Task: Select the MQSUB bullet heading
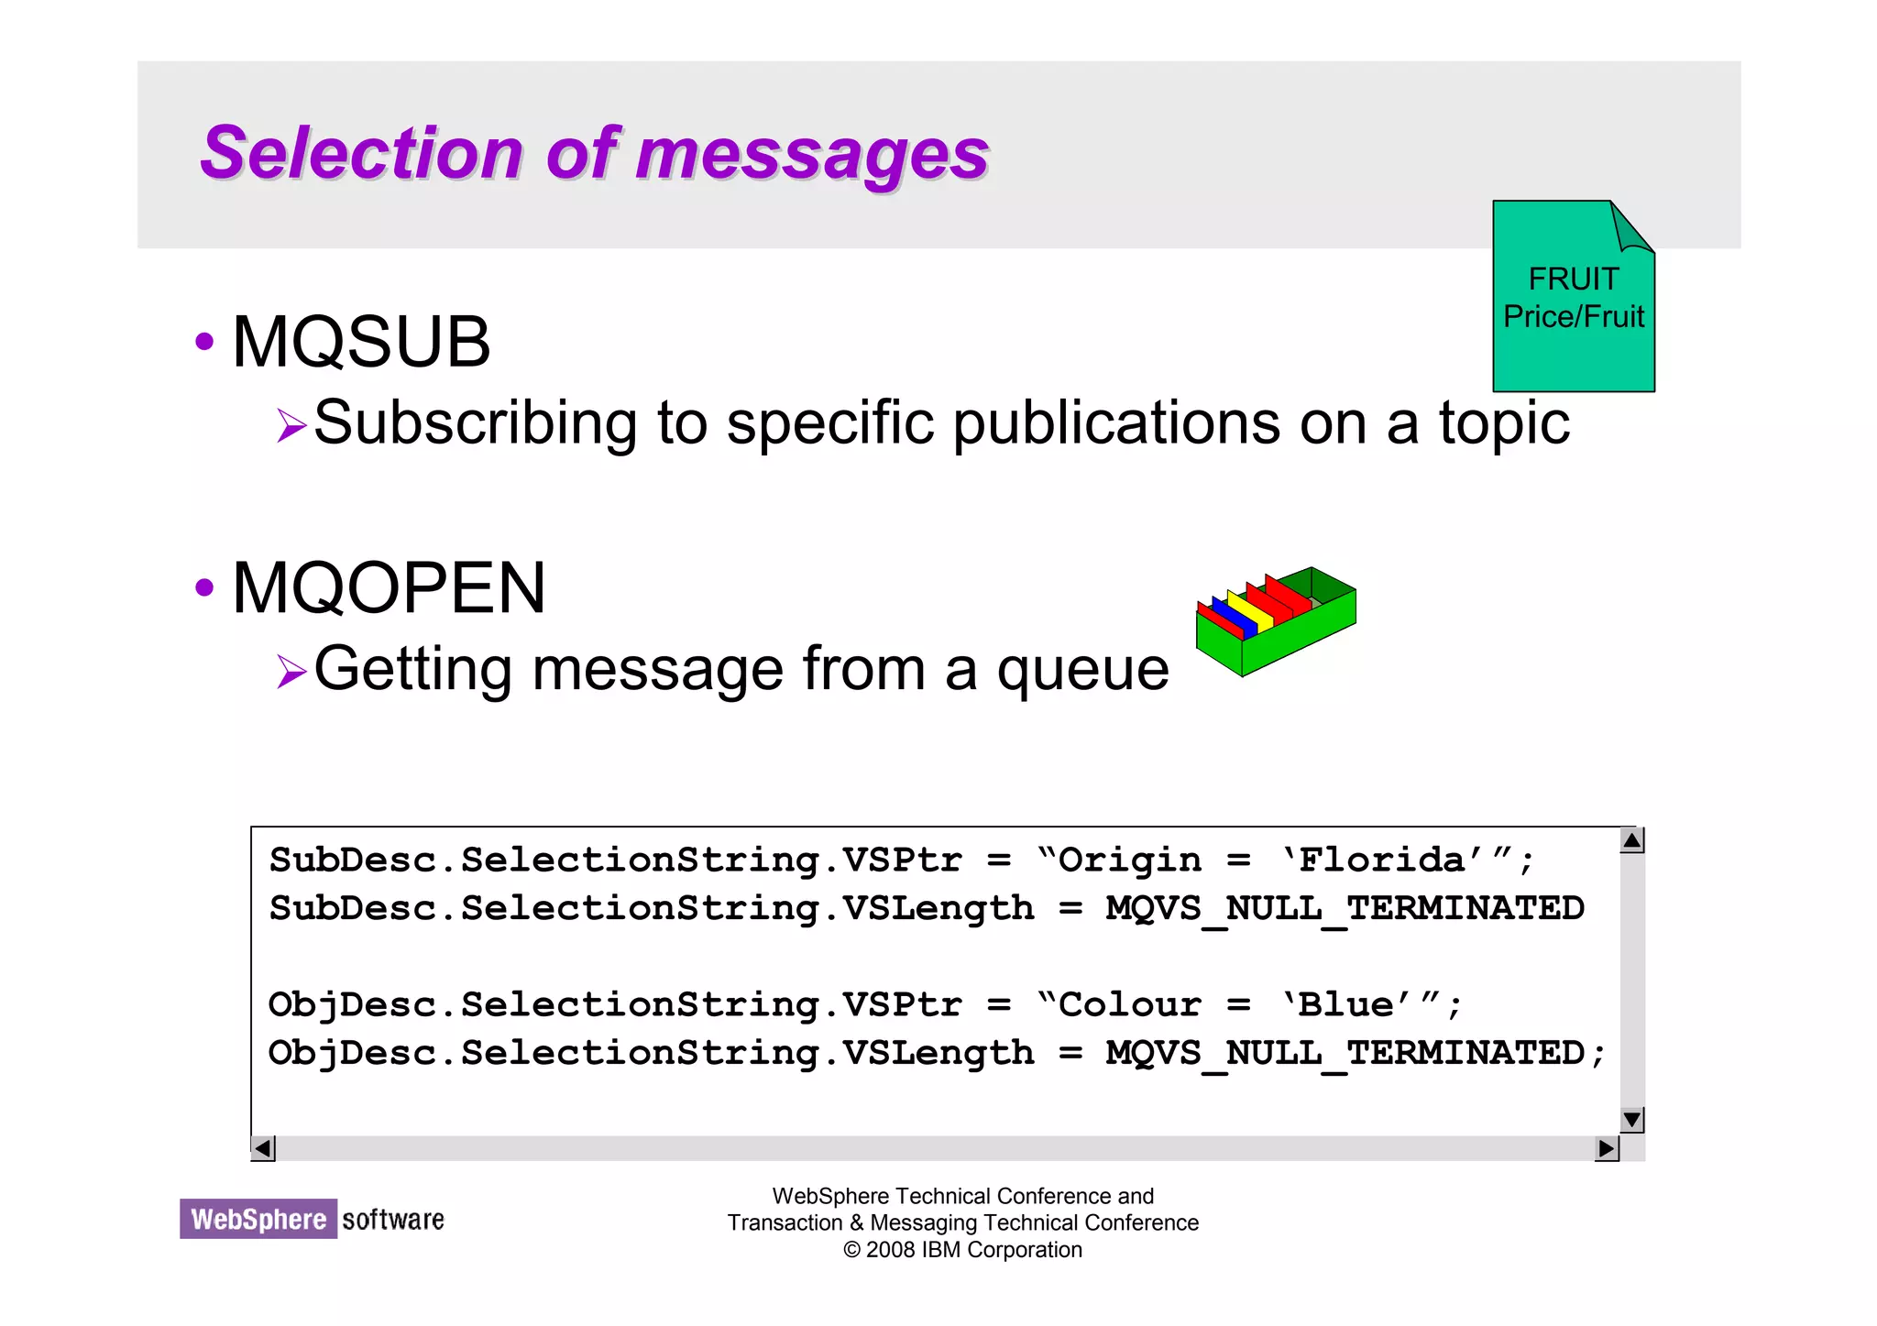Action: [x=361, y=342]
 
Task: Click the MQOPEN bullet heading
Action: [x=389, y=587]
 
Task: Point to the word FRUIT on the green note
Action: [x=1573, y=279]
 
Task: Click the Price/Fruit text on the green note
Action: [x=1573, y=317]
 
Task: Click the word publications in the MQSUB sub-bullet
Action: [x=1115, y=423]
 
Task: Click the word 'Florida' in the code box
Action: [x=1383, y=860]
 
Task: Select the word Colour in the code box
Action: [x=1129, y=1005]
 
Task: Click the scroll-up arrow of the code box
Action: [x=1631, y=840]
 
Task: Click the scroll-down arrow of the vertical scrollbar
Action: [x=1631, y=1120]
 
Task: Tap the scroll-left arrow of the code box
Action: [x=263, y=1148]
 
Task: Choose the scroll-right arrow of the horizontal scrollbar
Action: [x=1606, y=1148]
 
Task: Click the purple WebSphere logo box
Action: [x=258, y=1219]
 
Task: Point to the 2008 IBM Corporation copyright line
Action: [x=962, y=1250]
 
